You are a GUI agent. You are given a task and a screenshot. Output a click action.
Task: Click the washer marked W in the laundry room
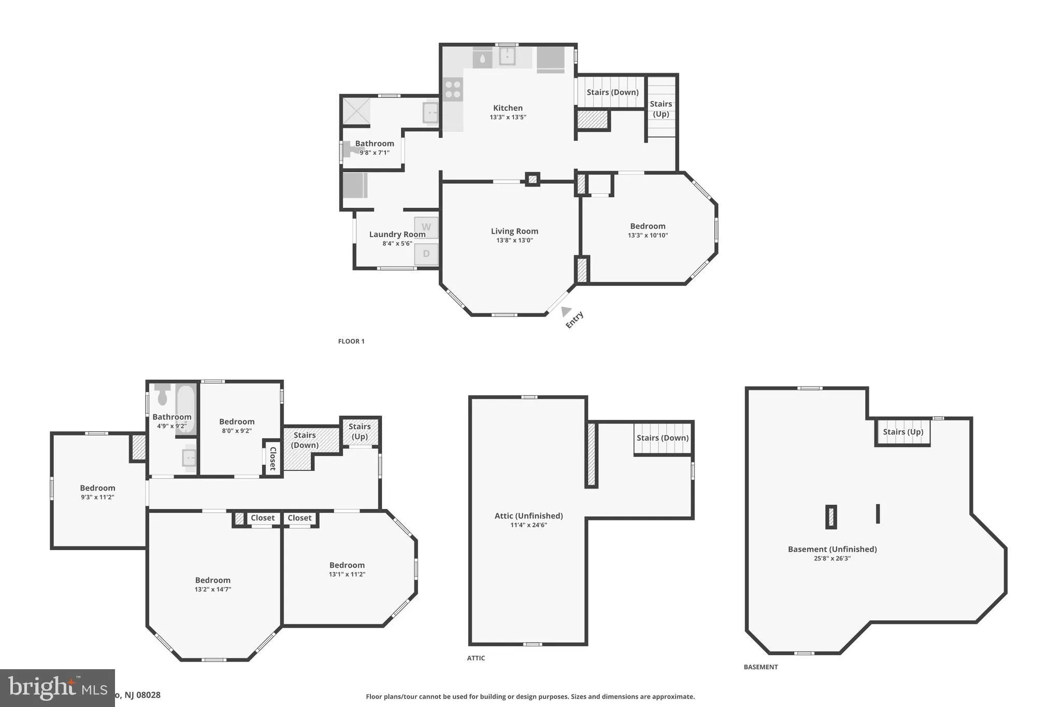(426, 227)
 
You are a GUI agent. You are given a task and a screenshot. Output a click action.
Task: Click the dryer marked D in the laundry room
(426, 254)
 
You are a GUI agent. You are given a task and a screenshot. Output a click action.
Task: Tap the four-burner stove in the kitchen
(452, 88)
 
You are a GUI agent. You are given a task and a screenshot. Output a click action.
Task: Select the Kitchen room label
(508, 108)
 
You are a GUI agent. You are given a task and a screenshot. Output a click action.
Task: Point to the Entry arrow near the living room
(566, 311)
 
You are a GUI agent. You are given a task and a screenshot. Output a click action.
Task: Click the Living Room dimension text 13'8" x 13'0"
(514, 240)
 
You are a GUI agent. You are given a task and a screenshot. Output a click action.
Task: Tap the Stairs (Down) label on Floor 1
(612, 92)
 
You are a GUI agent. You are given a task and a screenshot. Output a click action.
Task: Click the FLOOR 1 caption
(351, 341)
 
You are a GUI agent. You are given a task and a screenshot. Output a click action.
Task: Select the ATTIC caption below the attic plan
(476, 658)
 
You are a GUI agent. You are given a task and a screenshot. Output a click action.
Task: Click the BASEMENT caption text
(761, 667)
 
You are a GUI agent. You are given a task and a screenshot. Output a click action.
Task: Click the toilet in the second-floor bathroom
(162, 395)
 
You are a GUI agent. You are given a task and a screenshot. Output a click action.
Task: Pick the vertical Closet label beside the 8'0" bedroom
(273, 458)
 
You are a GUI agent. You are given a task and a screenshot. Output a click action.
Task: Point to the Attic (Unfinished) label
(528, 516)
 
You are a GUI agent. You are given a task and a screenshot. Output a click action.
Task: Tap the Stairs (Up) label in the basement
(903, 432)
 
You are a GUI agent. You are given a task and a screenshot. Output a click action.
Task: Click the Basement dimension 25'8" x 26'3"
(832, 558)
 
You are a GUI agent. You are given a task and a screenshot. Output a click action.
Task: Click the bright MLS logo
(57, 688)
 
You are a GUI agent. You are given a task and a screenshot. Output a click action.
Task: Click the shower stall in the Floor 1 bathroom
(356, 111)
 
